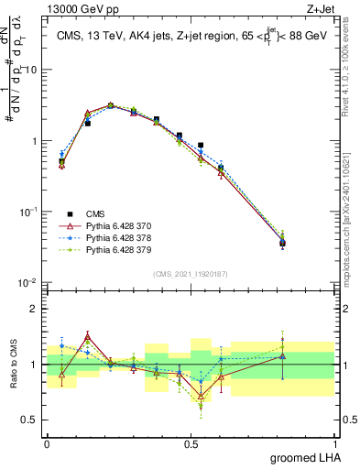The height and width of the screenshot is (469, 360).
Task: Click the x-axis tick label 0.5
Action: click(191, 442)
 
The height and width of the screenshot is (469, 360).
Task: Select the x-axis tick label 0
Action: click(47, 442)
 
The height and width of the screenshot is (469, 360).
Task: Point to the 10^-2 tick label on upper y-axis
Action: click(28, 282)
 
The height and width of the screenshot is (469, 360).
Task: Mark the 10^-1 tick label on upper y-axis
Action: click(28, 212)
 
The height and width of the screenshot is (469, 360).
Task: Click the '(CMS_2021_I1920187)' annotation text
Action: click(191, 274)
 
